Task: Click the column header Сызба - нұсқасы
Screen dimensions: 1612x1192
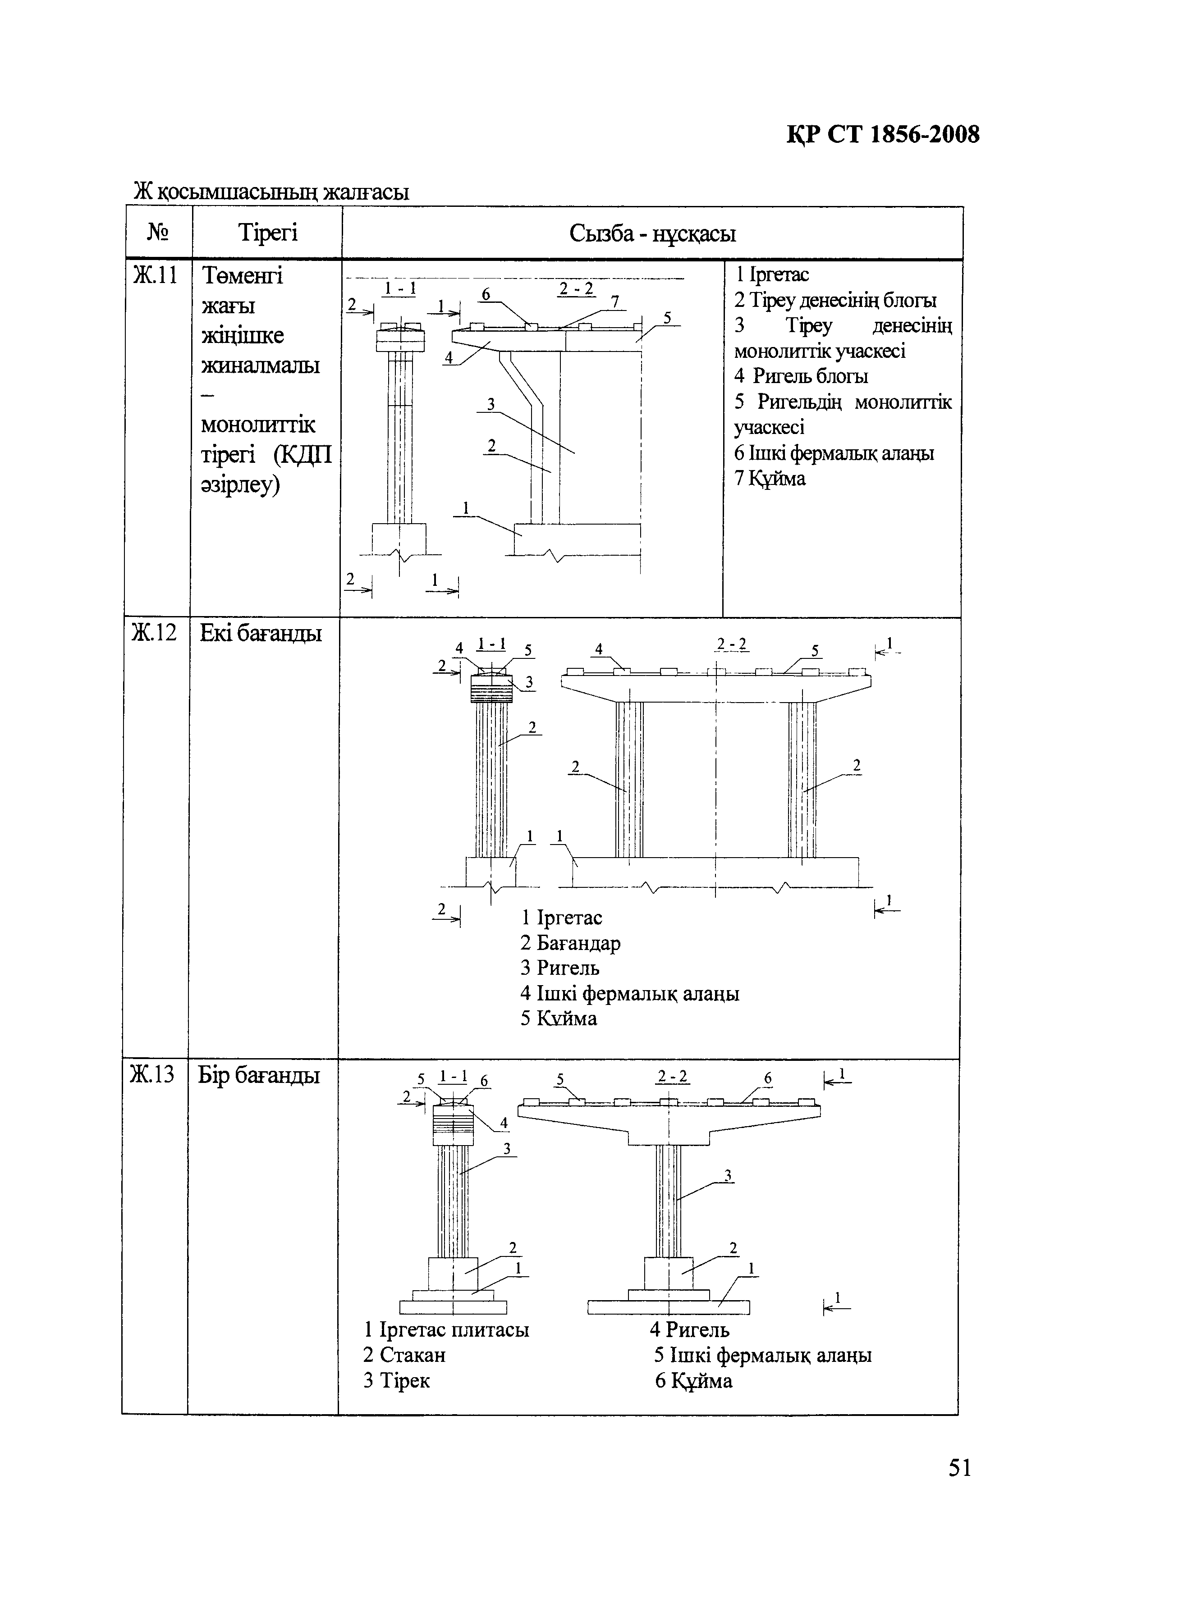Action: point(652,234)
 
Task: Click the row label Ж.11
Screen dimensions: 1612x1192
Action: point(155,275)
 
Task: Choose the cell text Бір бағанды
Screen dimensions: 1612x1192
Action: point(258,1075)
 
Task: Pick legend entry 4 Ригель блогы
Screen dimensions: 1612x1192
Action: point(801,376)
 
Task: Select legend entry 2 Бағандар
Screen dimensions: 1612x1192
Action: point(570,943)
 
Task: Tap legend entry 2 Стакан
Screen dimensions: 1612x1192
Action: point(404,1355)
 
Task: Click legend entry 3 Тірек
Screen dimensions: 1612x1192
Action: point(396,1380)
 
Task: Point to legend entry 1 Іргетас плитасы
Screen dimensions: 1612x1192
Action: point(446,1329)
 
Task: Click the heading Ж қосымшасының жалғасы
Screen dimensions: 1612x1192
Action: point(271,192)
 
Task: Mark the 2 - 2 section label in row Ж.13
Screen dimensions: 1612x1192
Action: point(673,1077)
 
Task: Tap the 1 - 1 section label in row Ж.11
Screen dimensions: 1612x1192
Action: point(400,288)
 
